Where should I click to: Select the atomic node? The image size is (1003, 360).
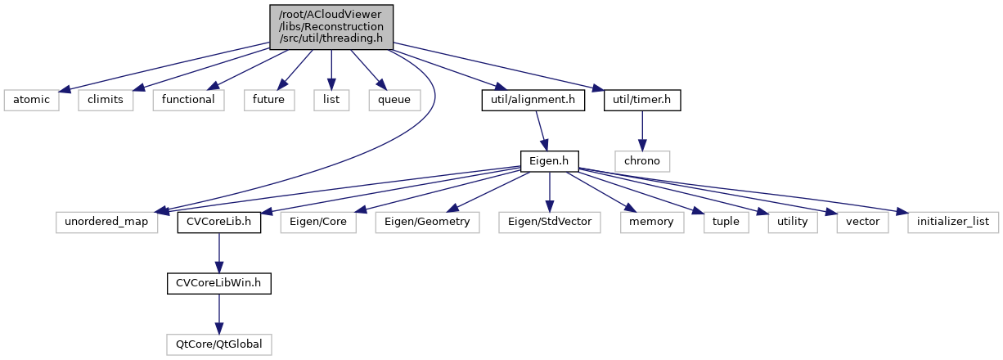[30, 100]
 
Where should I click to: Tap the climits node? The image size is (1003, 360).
[106, 100]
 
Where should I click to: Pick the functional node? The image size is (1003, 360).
[188, 100]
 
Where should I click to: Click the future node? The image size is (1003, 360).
[268, 100]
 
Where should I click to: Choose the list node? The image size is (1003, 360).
[331, 100]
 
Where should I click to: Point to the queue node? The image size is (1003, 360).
[394, 100]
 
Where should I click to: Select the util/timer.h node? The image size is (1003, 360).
[641, 100]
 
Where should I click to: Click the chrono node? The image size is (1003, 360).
[642, 160]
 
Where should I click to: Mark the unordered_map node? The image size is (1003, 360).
[106, 222]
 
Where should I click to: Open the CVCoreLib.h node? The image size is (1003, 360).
[218, 222]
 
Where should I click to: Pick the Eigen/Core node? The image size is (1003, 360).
[318, 222]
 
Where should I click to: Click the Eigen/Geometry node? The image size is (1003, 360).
[428, 222]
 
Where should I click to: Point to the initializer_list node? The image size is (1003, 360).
[951, 222]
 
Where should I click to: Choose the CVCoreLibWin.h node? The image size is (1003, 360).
[218, 283]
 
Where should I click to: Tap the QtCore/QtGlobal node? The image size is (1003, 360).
[218, 344]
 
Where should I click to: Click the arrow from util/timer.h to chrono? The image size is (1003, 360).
[642, 130]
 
